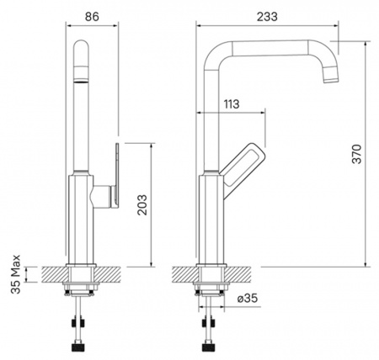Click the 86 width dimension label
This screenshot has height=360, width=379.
[92, 17]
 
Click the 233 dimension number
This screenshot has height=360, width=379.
[267, 17]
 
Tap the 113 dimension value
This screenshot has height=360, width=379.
[232, 104]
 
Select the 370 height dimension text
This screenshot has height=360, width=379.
[357, 154]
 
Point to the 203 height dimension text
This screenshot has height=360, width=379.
[142, 204]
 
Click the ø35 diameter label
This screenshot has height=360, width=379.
[248, 299]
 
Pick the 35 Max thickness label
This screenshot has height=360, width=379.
[16, 274]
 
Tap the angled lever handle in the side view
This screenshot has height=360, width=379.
[243, 168]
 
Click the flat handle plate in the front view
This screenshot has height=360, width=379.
[116, 176]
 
